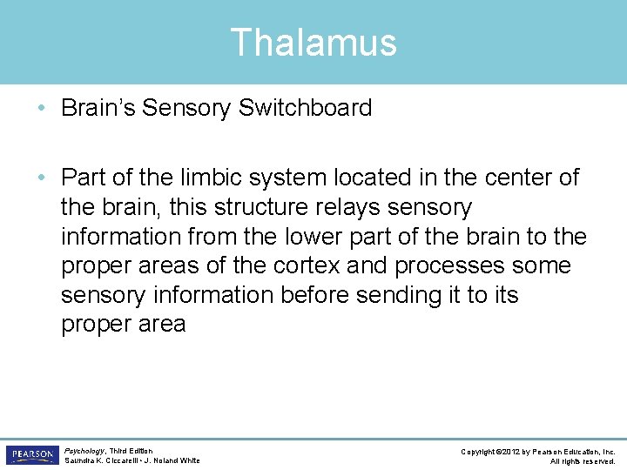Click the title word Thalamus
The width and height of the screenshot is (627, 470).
[x=313, y=43]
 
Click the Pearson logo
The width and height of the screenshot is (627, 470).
[x=31, y=455]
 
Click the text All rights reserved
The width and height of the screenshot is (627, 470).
[x=583, y=460]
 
